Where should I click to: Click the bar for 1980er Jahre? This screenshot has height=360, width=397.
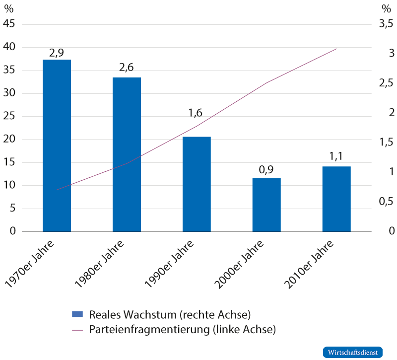(127, 154)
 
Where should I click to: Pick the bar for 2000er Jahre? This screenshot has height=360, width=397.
(266, 205)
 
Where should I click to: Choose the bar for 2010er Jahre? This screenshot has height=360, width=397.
(336, 199)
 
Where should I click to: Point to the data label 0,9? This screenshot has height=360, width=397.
(266, 170)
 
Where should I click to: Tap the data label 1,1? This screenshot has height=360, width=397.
(336, 157)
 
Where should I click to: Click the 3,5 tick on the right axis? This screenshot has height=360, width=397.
(386, 24)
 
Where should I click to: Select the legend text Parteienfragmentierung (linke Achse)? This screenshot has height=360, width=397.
(182, 329)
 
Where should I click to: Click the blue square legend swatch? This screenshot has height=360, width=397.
(78, 314)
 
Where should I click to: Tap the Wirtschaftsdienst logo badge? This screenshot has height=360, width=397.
(353, 352)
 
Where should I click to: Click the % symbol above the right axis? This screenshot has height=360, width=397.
(387, 8)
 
